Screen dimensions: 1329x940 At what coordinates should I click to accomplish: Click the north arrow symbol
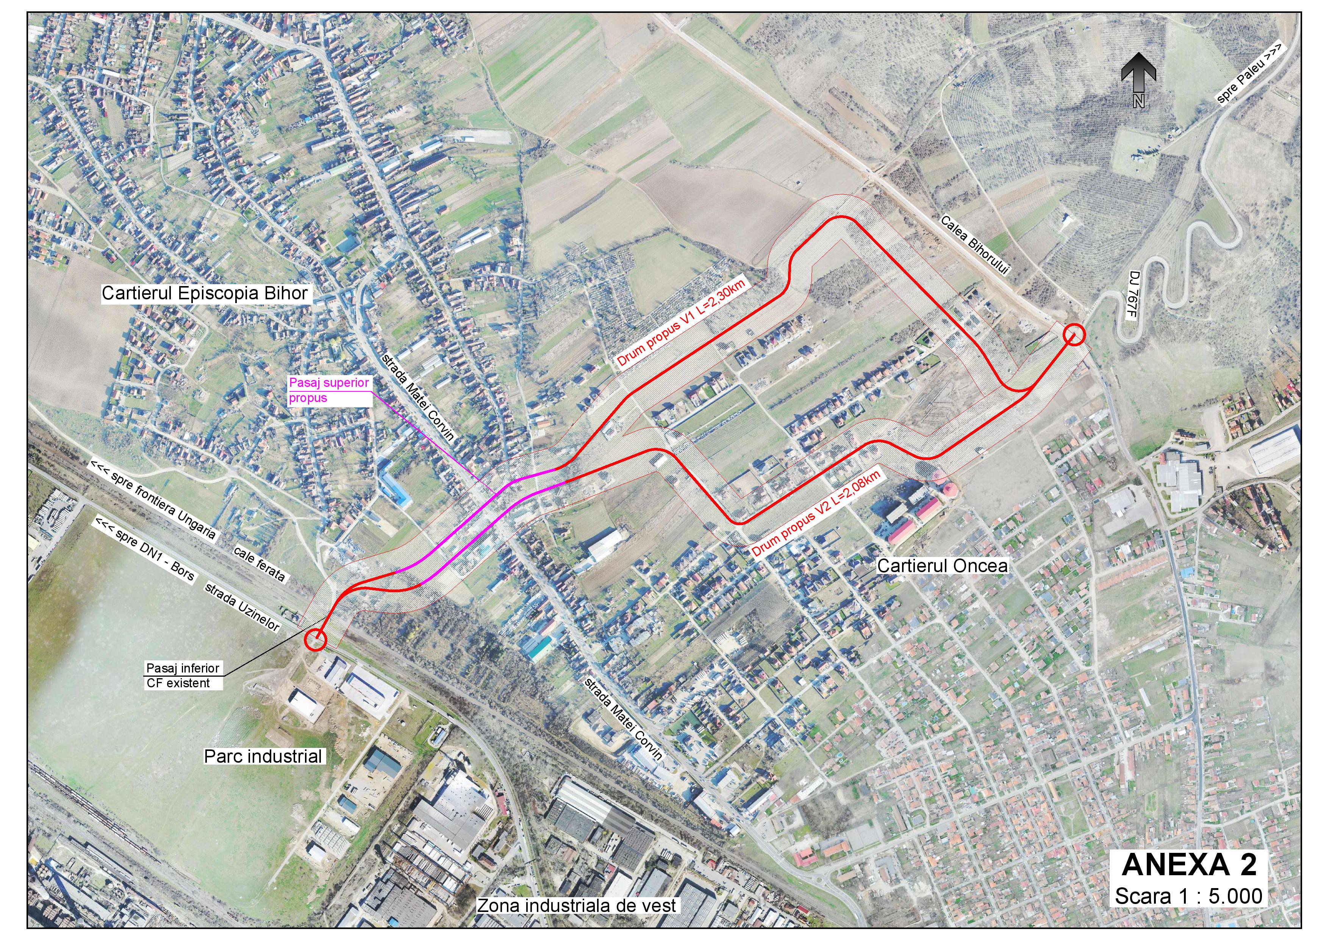(1138, 80)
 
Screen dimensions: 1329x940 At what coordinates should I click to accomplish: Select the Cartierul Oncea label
(942, 566)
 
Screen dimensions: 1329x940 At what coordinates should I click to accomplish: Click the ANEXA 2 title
(1188, 865)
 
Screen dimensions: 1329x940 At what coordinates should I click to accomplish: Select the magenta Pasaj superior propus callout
(329, 390)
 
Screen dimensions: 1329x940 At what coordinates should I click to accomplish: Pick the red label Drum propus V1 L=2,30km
(683, 322)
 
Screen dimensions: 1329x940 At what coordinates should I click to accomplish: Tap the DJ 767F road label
(1133, 295)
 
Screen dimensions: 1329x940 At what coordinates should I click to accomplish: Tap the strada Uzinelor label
(242, 607)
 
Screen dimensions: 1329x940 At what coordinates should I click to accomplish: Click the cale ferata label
(259, 563)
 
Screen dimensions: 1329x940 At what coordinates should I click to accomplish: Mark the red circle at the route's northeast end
(1074, 335)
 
